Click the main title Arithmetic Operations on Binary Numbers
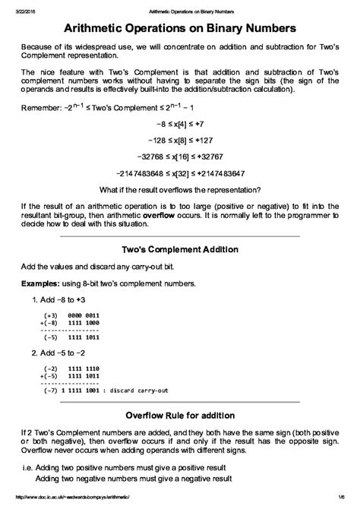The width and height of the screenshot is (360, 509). click(180, 29)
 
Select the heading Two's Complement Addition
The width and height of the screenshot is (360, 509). click(180, 250)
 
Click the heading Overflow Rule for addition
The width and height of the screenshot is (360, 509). click(180, 415)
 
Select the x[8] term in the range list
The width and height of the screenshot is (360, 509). click(180, 139)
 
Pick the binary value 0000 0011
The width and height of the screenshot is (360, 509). click(83, 315)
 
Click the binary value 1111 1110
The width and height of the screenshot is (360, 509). click(83, 368)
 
